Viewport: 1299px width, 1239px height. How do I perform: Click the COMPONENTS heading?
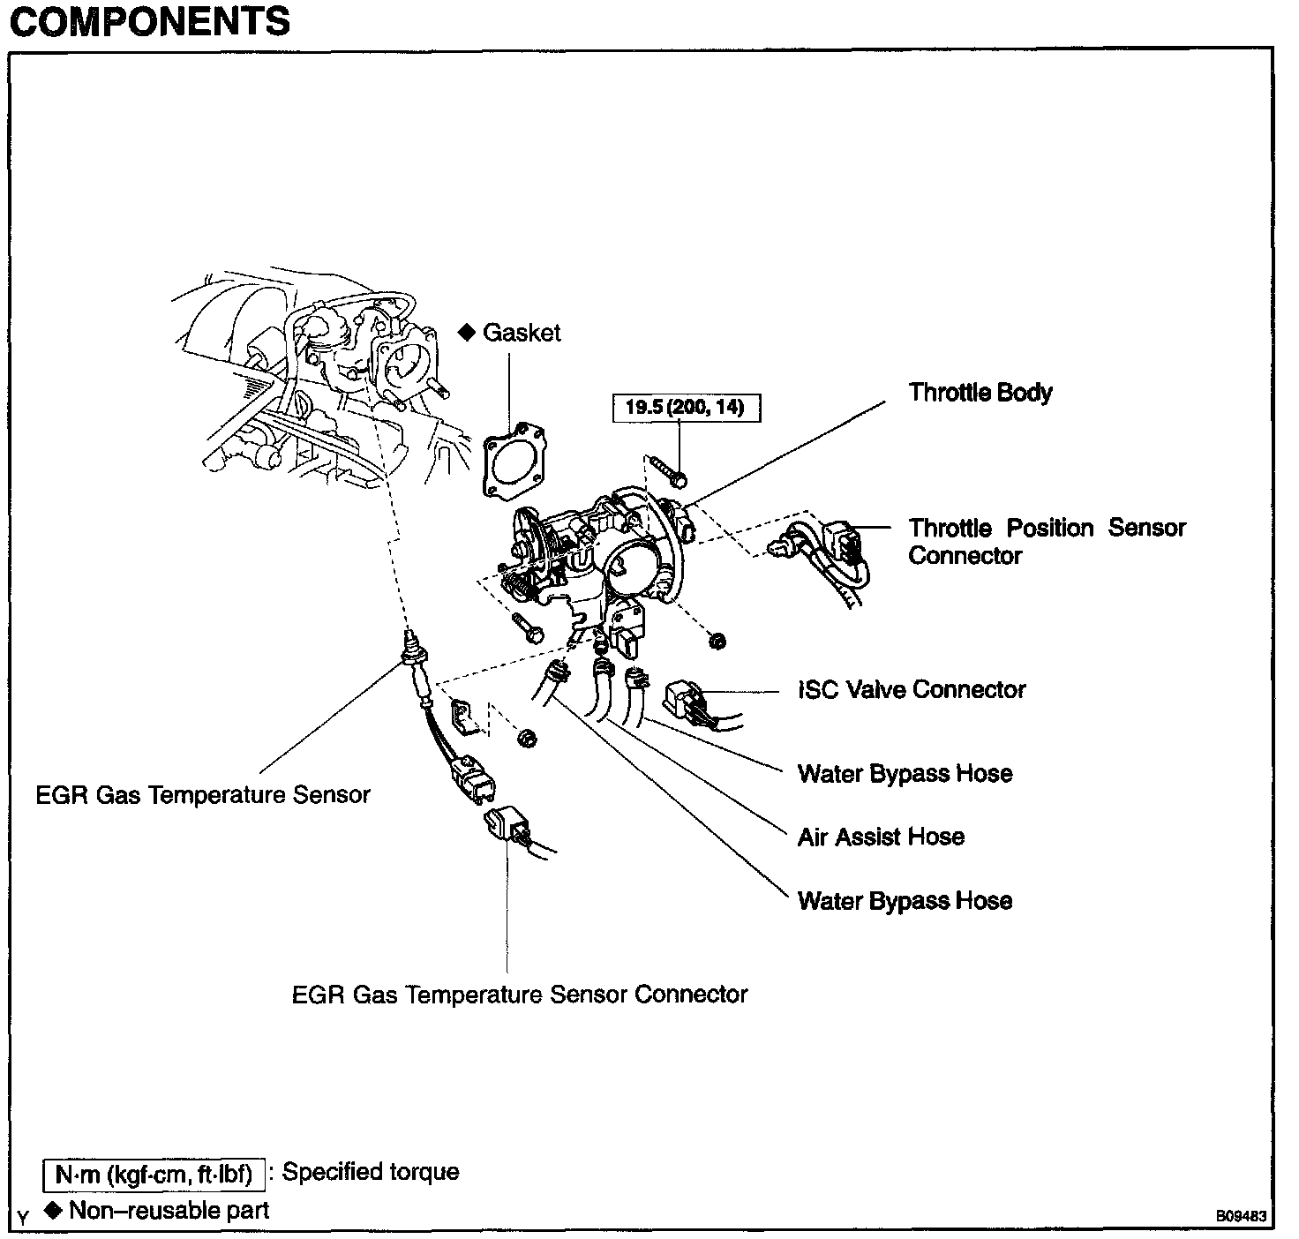point(149,21)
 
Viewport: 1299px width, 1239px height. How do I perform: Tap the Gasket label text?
point(522,333)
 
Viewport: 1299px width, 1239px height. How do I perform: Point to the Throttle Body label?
point(980,393)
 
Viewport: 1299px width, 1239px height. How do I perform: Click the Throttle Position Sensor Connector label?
point(1047,542)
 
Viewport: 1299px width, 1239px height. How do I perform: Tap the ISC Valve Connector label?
point(912,689)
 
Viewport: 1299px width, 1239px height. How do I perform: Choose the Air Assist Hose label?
point(881,837)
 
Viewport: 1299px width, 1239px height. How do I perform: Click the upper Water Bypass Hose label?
point(905,774)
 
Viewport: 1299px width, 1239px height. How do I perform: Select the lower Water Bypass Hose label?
point(905,901)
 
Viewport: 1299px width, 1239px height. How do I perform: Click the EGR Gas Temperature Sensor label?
point(203,795)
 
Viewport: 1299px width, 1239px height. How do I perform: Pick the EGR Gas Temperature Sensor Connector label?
point(520,995)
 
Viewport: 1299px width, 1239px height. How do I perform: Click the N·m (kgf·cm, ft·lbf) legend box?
point(154,1175)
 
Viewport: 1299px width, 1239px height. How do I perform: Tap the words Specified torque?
point(371,1172)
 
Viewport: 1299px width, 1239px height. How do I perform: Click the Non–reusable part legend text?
point(169,1210)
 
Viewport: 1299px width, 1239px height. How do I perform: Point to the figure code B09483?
point(1242,1216)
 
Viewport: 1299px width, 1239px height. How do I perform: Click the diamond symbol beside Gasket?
point(467,332)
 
